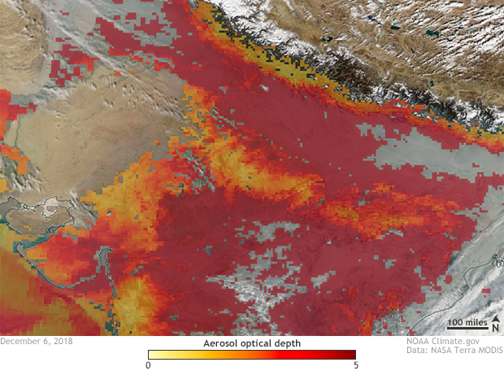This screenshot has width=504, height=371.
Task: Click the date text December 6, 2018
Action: [37, 341]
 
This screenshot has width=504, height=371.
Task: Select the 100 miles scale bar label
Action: [468, 323]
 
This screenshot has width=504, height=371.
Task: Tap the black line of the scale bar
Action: [468, 331]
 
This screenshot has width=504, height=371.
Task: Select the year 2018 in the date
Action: [63, 341]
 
